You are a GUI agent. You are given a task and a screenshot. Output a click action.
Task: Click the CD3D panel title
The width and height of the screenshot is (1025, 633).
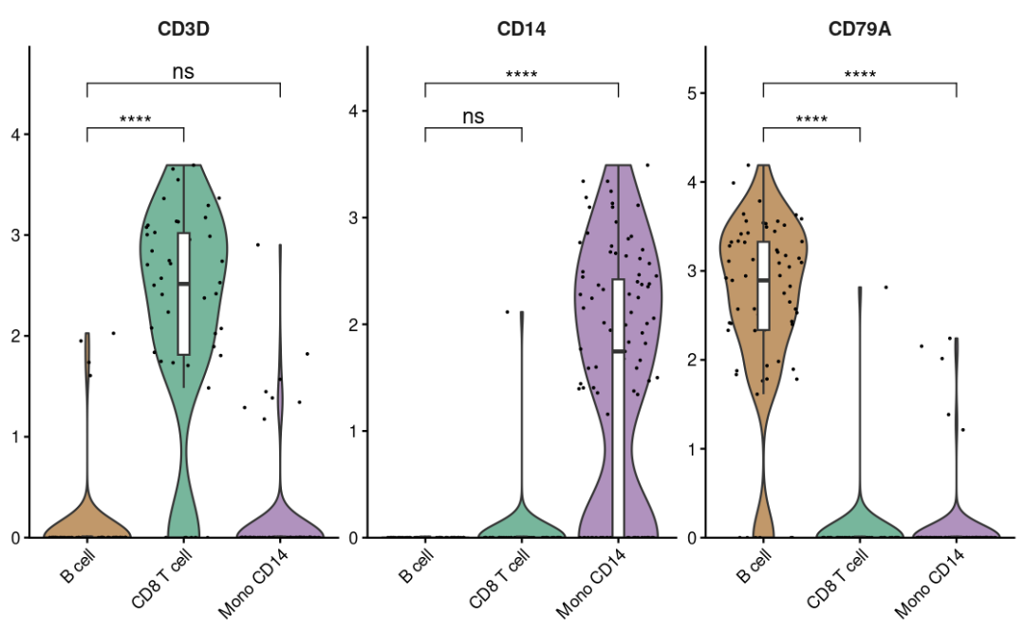click(x=183, y=29)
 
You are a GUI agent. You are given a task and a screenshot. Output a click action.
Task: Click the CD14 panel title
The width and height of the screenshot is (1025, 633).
click(x=521, y=29)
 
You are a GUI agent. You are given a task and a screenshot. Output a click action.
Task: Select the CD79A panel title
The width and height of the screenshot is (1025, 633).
click(x=859, y=29)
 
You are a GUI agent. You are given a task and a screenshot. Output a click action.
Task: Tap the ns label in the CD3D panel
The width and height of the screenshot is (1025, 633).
click(x=183, y=71)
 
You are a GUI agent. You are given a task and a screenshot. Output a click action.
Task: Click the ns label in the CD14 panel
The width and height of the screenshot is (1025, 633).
click(x=473, y=117)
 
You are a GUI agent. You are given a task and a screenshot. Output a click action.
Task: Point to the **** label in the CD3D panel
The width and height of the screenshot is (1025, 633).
click(x=135, y=121)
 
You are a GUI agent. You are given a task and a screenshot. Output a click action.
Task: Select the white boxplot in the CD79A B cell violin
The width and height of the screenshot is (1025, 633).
click(x=763, y=285)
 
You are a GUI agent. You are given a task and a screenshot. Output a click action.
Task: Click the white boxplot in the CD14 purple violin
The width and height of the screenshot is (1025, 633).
click(x=618, y=408)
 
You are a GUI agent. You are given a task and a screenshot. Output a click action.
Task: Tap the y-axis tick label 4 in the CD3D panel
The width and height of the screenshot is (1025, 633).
click(x=15, y=134)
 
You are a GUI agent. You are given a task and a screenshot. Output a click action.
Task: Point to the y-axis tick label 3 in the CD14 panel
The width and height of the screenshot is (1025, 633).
click(x=353, y=217)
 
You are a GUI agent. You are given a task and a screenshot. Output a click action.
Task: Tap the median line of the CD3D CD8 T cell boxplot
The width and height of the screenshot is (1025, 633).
click(x=184, y=284)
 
